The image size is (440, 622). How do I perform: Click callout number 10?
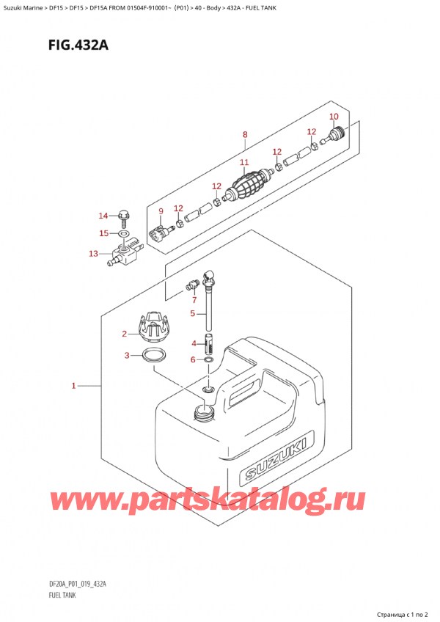click(x=334, y=117)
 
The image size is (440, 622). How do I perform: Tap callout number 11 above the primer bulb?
click(x=244, y=162)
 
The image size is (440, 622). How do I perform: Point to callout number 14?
click(x=103, y=216)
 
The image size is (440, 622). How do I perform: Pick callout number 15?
click(x=103, y=233)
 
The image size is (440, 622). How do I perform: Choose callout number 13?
click(x=93, y=254)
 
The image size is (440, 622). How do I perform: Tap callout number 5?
click(x=194, y=314)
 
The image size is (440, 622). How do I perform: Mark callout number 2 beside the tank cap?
click(x=125, y=334)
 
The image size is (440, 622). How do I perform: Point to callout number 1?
click(x=73, y=385)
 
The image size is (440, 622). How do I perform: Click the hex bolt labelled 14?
click(x=123, y=216)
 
